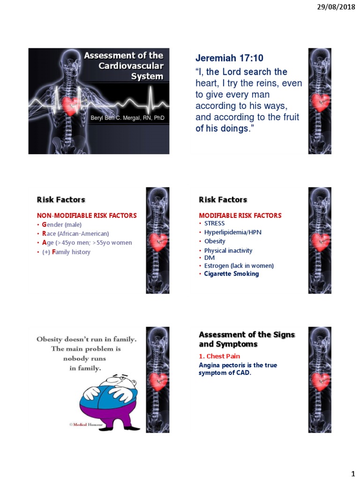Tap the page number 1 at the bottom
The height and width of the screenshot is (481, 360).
(x=352, y=471)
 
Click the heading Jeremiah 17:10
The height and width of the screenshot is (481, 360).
(x=229, y=58)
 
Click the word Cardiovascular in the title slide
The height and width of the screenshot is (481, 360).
(x=131, y=66)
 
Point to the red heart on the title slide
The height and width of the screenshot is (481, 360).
(x=70, y=106)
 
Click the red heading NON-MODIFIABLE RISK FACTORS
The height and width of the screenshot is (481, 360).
(x=87, y=216)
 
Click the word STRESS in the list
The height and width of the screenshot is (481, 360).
(x=214, y=224)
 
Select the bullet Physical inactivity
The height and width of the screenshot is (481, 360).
(x=228, y=250)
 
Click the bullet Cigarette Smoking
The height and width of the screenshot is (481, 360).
(x=231, y=274)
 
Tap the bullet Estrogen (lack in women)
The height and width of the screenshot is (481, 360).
(x=239, y=266)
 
